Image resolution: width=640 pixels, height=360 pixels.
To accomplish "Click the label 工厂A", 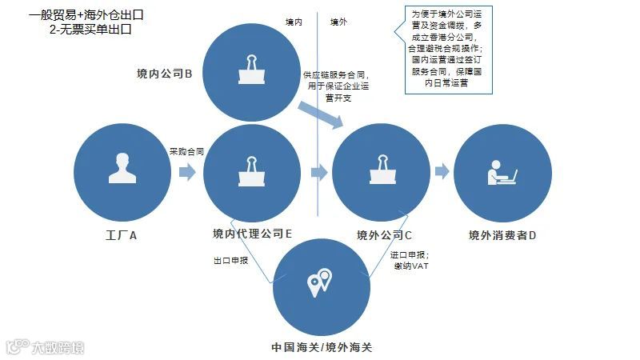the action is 122,235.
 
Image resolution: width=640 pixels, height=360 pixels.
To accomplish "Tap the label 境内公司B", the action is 164,74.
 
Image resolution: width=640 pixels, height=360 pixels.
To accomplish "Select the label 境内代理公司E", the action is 252,234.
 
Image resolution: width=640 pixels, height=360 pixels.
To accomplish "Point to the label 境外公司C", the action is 384,235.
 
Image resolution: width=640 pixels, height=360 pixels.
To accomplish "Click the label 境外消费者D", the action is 502,235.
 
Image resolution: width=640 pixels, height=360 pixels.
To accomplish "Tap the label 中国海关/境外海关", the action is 322,347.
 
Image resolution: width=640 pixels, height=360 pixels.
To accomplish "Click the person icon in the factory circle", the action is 122,168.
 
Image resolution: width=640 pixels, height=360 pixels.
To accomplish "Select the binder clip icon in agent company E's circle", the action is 253,170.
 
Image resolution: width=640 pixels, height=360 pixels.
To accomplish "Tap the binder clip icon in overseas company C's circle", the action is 381,170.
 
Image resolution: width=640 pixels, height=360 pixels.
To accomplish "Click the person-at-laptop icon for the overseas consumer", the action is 502,170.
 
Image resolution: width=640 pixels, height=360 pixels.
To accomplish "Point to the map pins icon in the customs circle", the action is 321,282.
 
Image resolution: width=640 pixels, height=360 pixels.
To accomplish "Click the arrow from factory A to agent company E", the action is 186,171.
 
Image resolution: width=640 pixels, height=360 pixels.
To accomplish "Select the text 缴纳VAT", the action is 412,266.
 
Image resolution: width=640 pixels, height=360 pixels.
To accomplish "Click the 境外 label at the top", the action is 339,22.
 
